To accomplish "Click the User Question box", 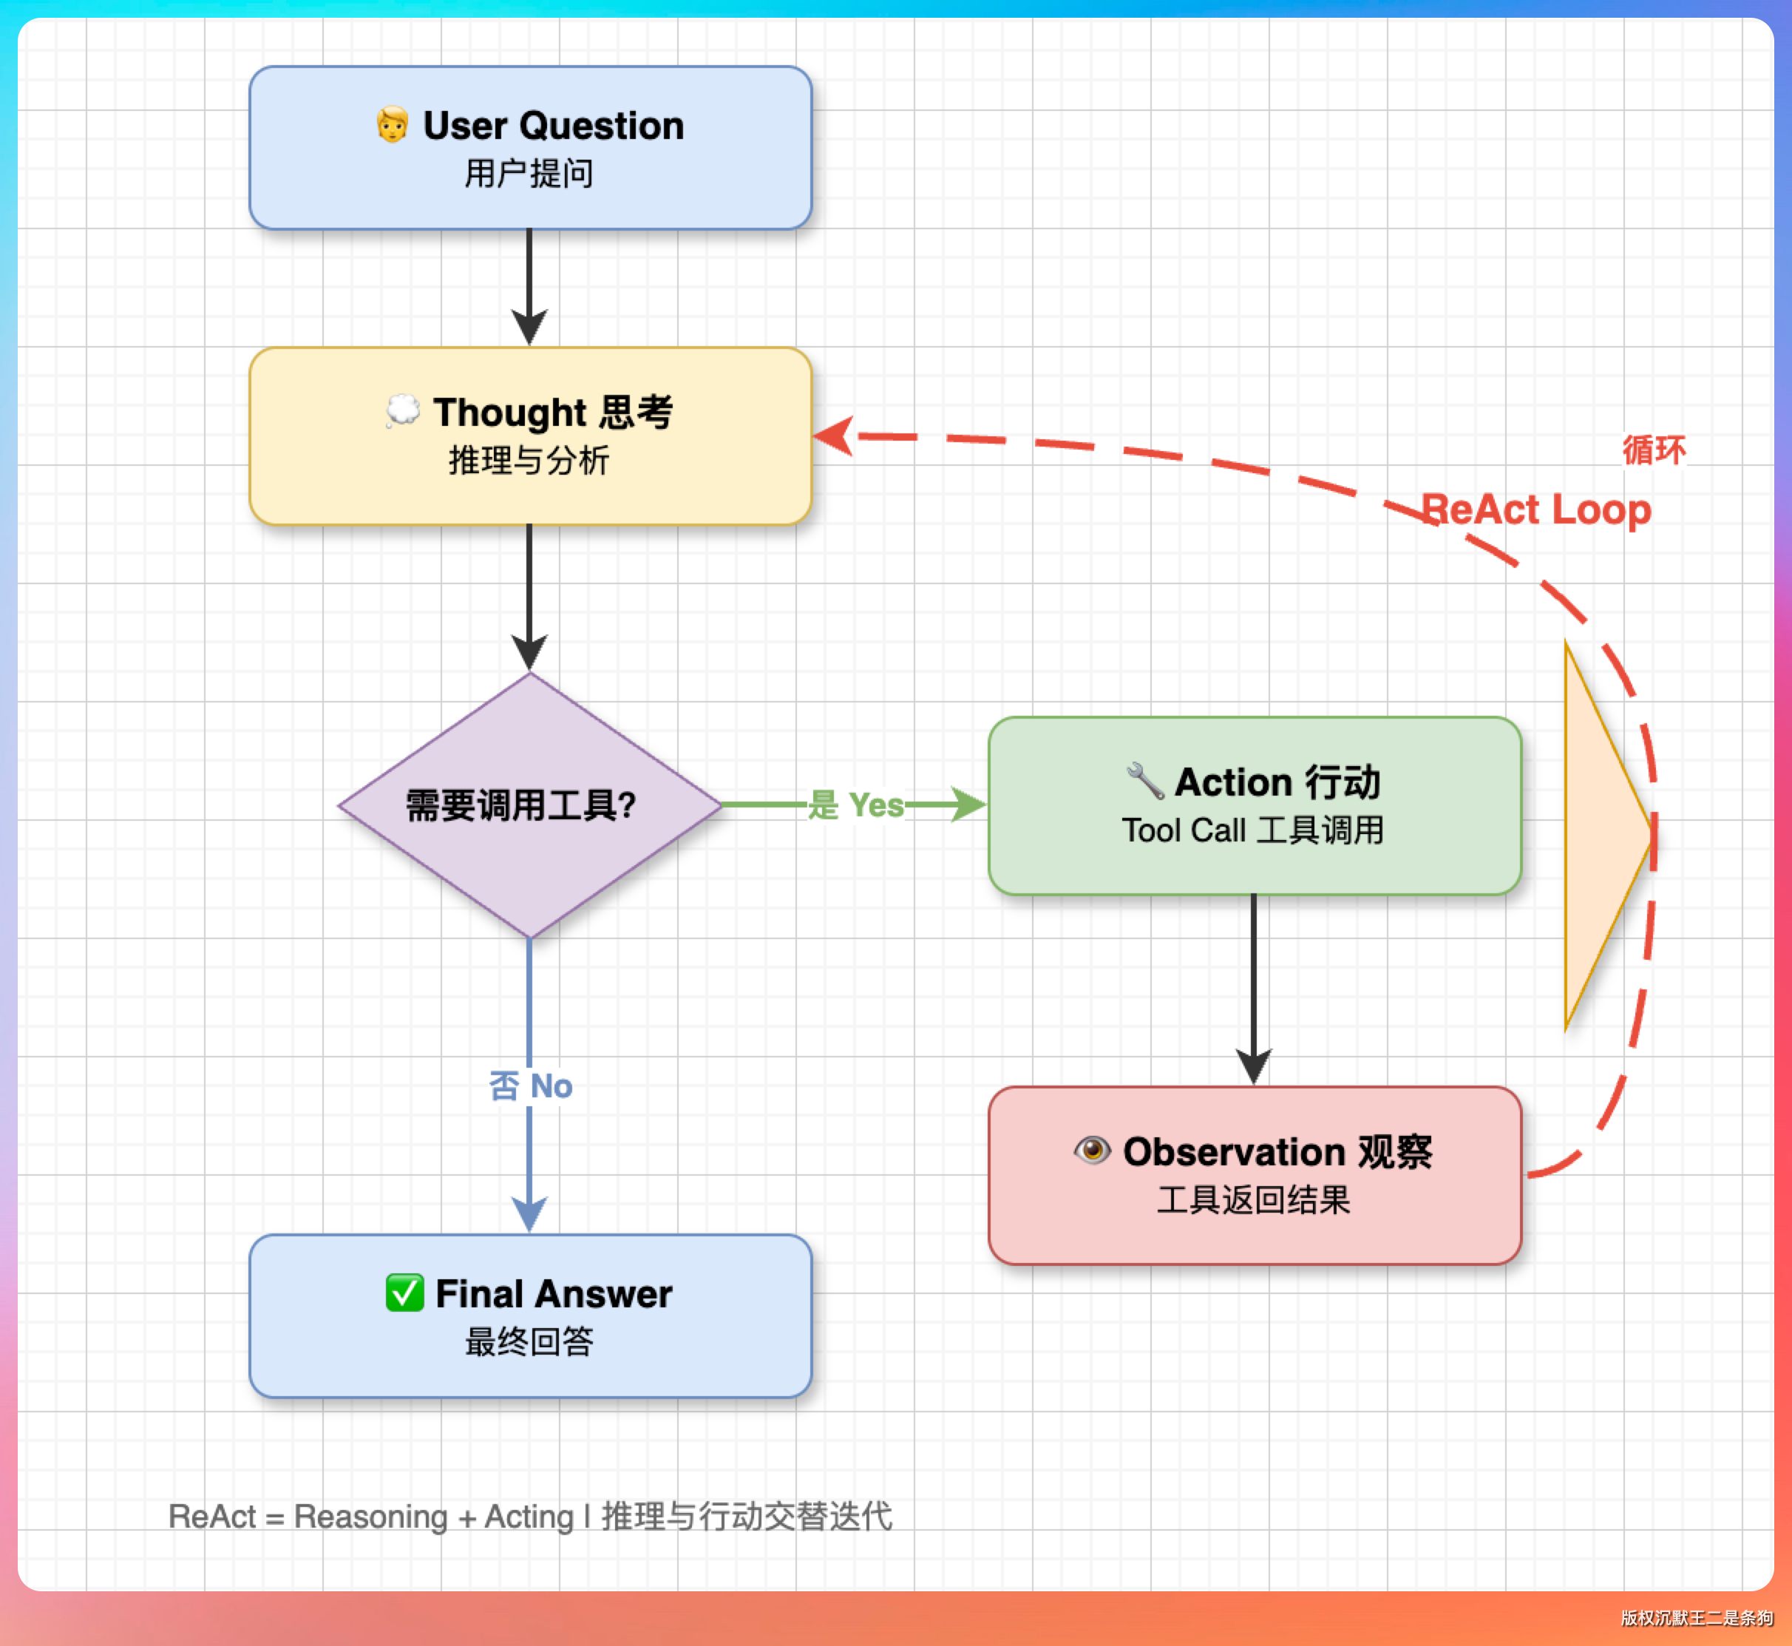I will coord(530,147).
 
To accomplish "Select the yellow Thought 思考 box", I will coord(530,436).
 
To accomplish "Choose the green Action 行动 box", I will coord(1254,805).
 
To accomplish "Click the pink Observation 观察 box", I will coord(1254,1175).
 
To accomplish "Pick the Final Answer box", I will coord(530,1315).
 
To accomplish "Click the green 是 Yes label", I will coord(855,805).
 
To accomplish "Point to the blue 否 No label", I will coord(531,1086).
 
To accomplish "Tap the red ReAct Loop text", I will coord(1535,509).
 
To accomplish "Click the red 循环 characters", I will coord(1654,450).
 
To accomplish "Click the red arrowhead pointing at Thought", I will coord(835,436).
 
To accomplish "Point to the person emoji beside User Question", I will coord(392,125).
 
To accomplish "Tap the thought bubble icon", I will coord(403,410).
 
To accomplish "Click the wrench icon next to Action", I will coord(1144,780).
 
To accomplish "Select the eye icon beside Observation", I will coord(1092,1150).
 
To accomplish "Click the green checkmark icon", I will coord(404,1293).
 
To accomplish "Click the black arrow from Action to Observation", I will coord(1254,989).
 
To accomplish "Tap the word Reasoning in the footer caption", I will coord(370,1516).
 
